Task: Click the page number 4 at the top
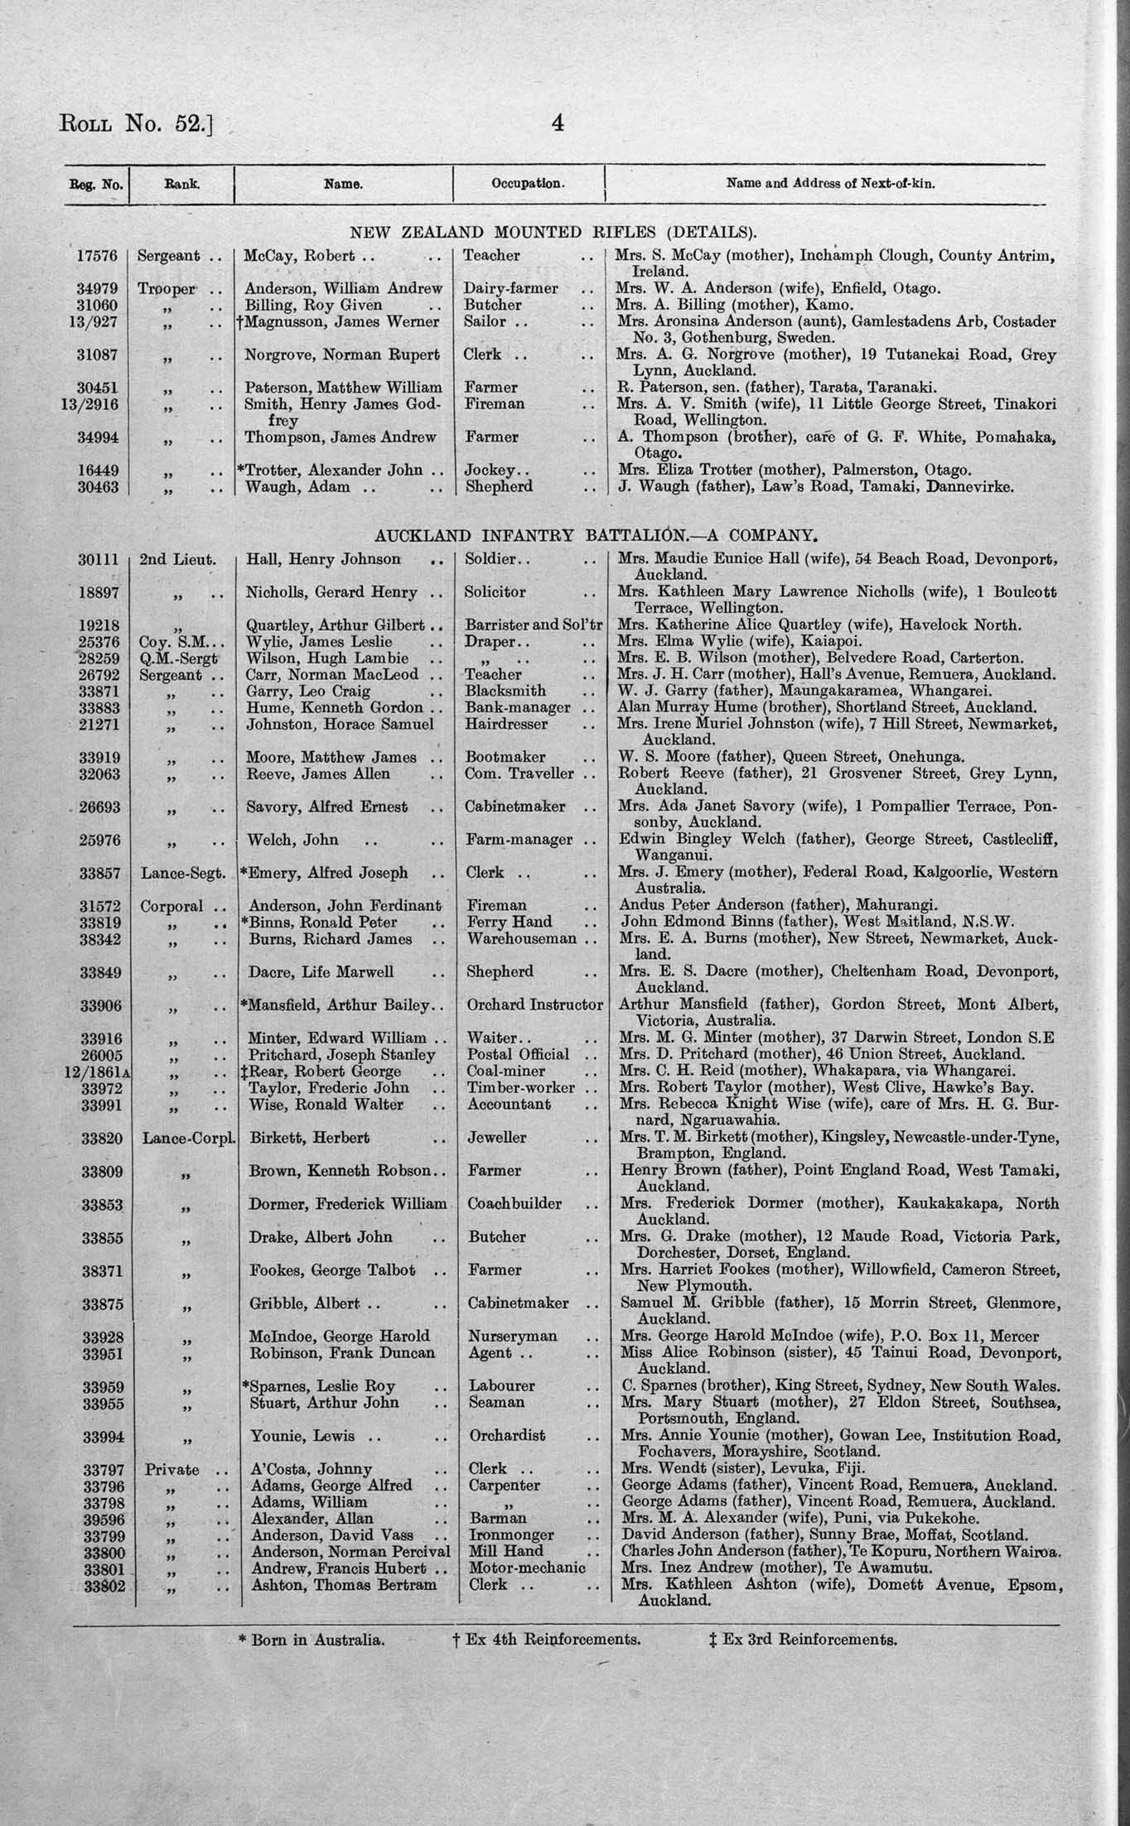click(558, 124)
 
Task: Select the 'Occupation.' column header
click(528, 183)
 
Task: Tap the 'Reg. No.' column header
click(96, 184)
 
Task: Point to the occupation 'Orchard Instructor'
click(534, 1005)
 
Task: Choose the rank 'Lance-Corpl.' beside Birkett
click(189, 1138)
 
